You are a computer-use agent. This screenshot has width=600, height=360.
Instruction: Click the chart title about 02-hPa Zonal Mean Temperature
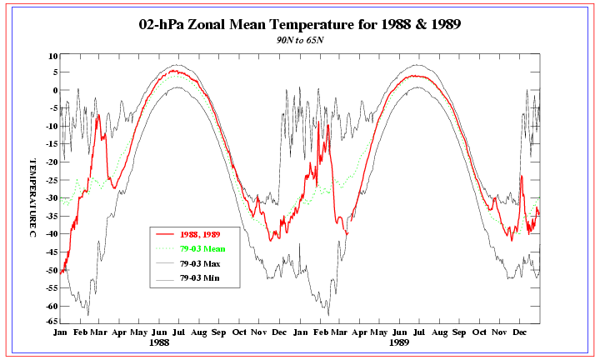click(299, 24)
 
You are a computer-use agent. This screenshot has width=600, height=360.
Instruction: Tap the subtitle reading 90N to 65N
click(299, 40)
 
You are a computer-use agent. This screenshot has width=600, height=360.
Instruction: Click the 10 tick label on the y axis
click(52, 56)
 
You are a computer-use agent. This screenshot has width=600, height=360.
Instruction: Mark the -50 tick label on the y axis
click(49, 270)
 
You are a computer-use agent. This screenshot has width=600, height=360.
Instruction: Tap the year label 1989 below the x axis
click(400, 342)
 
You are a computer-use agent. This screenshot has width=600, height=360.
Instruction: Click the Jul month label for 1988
click(179, 332)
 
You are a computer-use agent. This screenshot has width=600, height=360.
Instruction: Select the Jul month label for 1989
click(419, 332)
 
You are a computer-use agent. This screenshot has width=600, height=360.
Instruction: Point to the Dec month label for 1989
click(520, 332)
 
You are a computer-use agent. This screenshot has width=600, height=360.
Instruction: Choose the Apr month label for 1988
click(119, 332)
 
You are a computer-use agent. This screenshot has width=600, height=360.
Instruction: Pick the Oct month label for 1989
click(480, 332)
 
